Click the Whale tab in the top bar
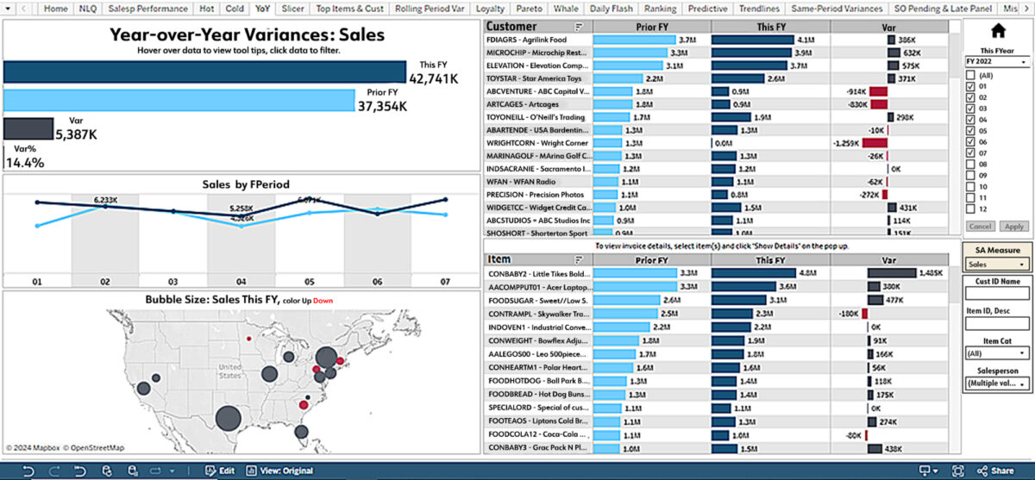pyautogui.click(x=567, y=9)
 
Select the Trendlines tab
pyautogui.click(x=758, y=9)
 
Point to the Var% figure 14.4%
pyautogui.click(x=25, y=161)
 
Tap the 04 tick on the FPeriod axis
pyautogui.click(x=241, y=281)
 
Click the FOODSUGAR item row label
pyautogui.click(x=537, y=300)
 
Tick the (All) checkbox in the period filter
pyautogui.click(x=970, y=76)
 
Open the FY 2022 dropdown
pyautogui.click(x=996, y=62)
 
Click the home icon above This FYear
pyautogui.click(x=998, y=31)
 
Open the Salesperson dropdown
pyautogui.click(x=997, y=383)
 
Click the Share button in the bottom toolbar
pyautogui.click(x=995, y=471)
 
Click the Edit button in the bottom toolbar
pyautogui.click(x=219, y=471)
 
